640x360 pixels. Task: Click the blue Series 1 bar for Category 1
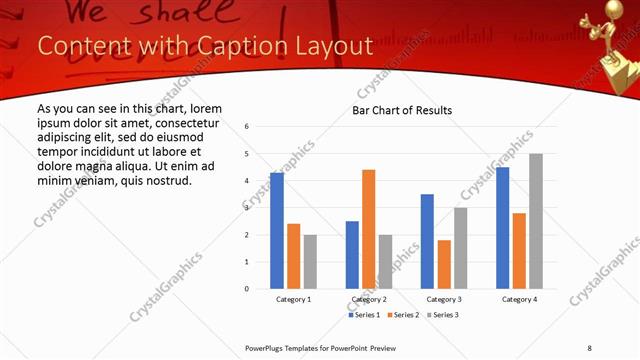pos(277,231)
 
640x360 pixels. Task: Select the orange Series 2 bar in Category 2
pos(368,229)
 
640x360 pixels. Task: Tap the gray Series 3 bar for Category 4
pos(536,221)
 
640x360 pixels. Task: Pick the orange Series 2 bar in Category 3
pos(444,264)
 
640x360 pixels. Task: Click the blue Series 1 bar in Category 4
pos(502,228)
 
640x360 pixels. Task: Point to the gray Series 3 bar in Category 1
pos(310,262)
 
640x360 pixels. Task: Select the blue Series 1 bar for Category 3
pos(427,241)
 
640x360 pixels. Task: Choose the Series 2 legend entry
pos(403,315)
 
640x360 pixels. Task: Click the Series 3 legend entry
pos(442,315)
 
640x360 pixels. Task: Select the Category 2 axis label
pos(369,299)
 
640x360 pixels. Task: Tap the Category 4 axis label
pos(519,299)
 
